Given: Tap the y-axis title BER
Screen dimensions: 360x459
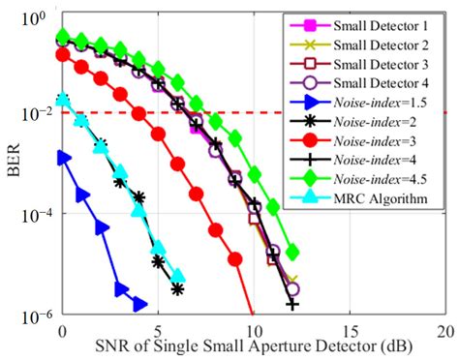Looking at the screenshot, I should (14, 165).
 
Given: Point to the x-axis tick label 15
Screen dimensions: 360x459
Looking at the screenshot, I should (348, 330).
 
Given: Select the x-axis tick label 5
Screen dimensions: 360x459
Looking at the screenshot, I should (158, 330).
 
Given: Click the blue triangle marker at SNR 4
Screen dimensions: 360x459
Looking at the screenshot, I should (138, 302).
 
